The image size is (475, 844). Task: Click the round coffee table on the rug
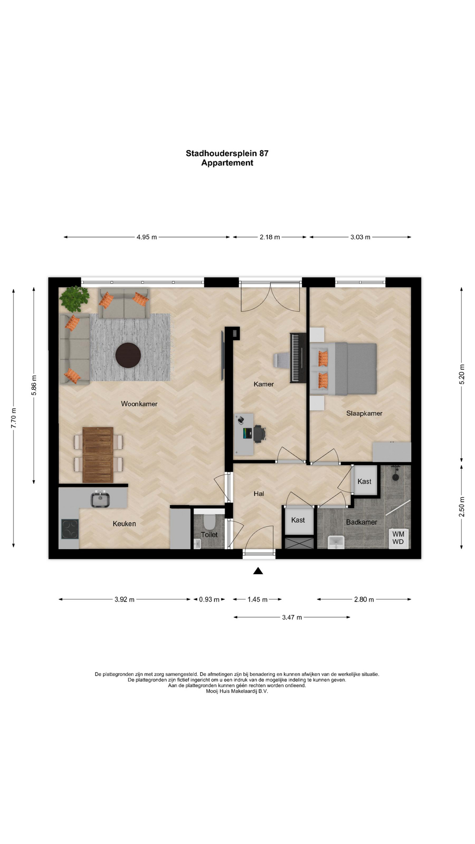(128, 355)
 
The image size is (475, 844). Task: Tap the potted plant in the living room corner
(75, 299)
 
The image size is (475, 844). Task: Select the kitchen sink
(100, 499)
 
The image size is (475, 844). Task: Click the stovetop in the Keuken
(70, 529)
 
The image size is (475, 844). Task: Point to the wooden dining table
(98, 455)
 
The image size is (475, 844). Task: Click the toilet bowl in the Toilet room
(209, 522)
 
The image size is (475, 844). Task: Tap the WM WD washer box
(398, 538)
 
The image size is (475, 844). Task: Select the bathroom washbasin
(336, 542)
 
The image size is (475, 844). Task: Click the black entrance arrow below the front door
(258, 571)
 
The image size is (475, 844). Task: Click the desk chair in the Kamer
(259, 433)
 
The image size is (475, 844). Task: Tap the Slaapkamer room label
(364, 413)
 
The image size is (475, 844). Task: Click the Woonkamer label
(139, 404)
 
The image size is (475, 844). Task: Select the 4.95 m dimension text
(146, 237)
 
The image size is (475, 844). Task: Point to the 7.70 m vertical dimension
(14, 418)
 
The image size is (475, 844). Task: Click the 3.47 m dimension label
(292, 617)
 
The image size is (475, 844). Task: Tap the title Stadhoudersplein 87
(227, 153)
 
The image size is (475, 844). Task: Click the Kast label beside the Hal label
(298, 520)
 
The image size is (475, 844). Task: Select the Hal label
(259, 494)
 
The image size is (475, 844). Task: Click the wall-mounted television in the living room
(223, 356)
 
